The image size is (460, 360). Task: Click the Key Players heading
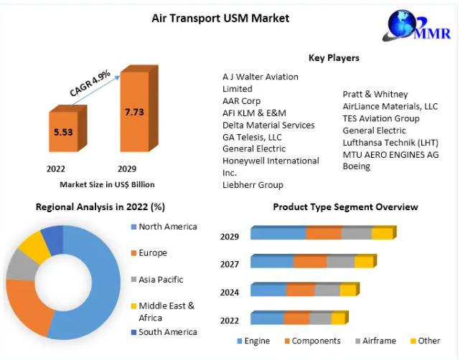(334, 57)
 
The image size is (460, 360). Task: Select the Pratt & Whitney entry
(375, 94)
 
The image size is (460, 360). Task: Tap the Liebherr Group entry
(253, 185)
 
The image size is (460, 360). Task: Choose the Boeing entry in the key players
(357, 166)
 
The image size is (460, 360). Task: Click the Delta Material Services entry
(268, 125)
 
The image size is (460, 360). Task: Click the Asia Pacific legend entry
(161, 280)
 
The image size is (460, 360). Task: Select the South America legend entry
(167, 332)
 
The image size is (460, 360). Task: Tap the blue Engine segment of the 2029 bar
(278, 233)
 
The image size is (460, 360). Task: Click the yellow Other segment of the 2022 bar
(339, 318)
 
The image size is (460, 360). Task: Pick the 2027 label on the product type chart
(230, 263)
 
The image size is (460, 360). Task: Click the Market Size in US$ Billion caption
(107, 184)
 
